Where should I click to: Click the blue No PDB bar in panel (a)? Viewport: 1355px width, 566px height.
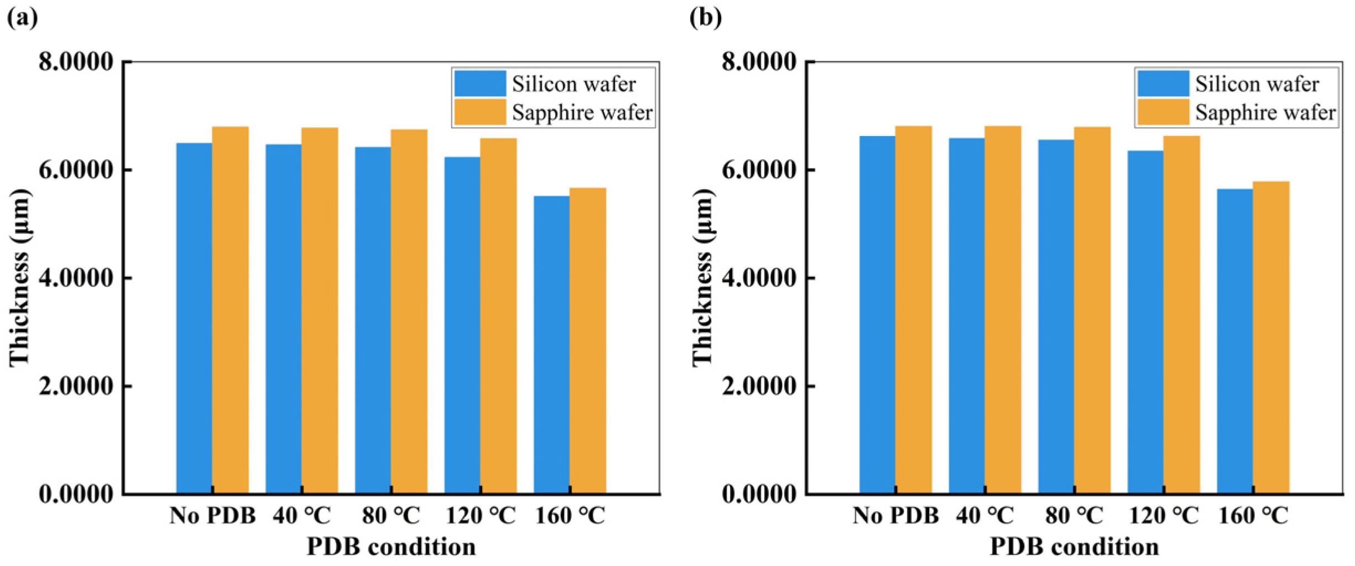[194, 318]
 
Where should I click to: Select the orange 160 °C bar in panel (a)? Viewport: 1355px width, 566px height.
[587, 340]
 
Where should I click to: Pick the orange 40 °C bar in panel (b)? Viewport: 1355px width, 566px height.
[1003, 309]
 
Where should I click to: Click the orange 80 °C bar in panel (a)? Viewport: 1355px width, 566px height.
[409, 311]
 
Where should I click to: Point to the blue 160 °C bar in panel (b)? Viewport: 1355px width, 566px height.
[1234, 341]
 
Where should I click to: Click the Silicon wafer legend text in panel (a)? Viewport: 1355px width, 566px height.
[574, 84]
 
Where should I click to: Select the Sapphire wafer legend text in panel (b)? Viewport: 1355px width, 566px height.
[1265, 113]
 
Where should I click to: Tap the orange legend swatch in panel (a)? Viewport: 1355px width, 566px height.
[480, 112]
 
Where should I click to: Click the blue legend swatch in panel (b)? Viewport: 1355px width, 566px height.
[1163, 84]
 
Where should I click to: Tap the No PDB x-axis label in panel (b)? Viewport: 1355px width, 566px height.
[895, 516]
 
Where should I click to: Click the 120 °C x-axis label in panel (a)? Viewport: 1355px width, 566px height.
[480, 516]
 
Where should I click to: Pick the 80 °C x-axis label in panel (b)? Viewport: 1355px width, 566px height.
[1074, 516]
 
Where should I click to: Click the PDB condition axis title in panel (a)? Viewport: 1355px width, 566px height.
[391, 547]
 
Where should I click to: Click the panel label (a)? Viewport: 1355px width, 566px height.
[23, 18]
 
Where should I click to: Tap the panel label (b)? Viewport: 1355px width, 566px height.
[706, 18]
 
